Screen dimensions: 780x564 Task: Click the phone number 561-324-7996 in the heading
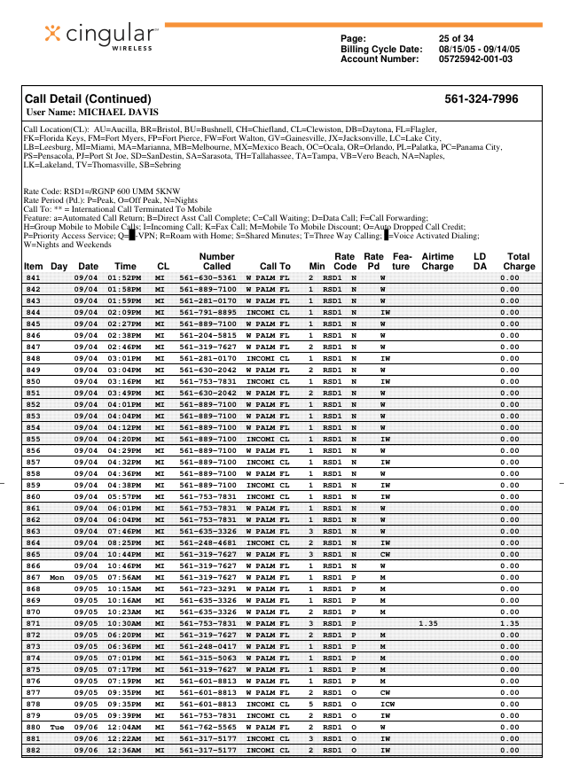click(x=482, y=99)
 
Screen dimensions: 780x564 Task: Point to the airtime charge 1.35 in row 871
click(x=429, y=624)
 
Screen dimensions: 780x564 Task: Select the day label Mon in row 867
click(x=58, y=577)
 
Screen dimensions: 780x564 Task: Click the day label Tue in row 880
click(x=58, y=728)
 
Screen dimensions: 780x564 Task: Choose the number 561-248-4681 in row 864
click(x=208, y=542)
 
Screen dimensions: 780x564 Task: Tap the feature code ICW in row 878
click(x=387, y=705)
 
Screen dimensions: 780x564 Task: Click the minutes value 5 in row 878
click(x=311, y=705)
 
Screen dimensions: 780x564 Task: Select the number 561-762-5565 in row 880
click(x=208, y=728)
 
